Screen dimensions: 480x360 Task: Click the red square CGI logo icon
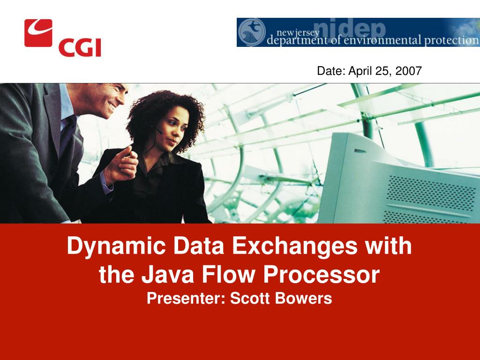pos(38,33)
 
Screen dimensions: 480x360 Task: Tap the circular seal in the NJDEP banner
pos(252,32)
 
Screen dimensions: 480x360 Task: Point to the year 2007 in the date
pos(408,71)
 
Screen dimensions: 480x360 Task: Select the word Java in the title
pos(168,274)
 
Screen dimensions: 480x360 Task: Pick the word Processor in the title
pos(322,274)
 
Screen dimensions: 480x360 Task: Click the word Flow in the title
pos(228,274)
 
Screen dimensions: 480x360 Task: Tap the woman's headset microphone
pos(159,131)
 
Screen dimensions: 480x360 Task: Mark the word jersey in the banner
pos(307,33)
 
